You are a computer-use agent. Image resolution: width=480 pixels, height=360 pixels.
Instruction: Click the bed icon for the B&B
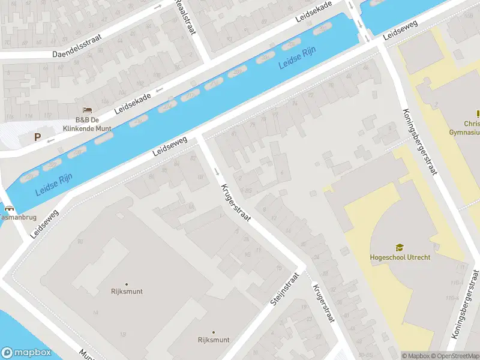[88, 110]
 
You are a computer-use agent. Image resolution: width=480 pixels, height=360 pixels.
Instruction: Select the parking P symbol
[37, 137]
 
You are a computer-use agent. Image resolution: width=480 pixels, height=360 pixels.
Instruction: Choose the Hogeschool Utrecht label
[400, 257]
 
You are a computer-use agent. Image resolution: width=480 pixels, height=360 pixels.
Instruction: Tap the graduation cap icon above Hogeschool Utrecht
[400, 247]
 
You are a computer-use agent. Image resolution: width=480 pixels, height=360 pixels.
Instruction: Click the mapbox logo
[26, 352]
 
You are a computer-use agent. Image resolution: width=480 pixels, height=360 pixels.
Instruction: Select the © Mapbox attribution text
[415, 356]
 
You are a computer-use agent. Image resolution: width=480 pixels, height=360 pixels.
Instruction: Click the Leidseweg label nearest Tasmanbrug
[45, 223]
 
